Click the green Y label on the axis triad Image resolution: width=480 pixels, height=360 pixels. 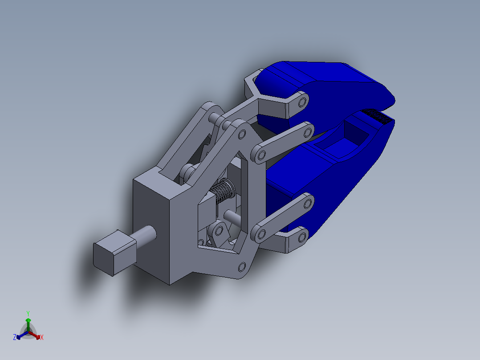point(28,313)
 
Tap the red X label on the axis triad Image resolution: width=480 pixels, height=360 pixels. point(42,338)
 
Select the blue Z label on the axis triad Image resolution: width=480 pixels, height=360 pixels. point(15,338)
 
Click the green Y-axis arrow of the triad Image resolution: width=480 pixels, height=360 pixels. point(28,323)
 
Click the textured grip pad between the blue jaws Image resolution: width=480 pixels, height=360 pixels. point(378,115)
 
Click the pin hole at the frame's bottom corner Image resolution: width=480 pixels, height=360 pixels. point(242,267)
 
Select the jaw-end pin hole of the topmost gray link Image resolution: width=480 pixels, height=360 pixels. point(303,102)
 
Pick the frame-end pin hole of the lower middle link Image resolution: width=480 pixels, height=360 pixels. point(260,233)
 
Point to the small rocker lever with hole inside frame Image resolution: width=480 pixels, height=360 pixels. point(219,233)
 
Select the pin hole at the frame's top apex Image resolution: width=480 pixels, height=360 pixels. point(243,133)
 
